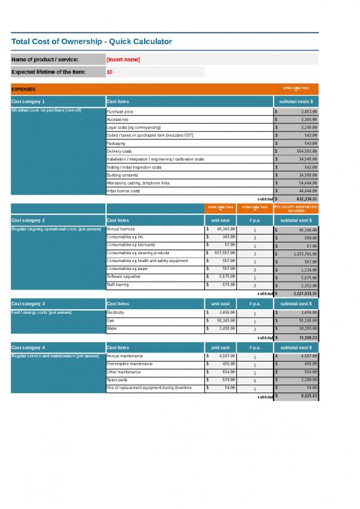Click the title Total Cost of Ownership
click(x=92, y=42)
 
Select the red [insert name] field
click(x=122, y=60)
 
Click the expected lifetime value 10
click(x=109, y=72)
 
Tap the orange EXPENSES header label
click(x=24, y=89)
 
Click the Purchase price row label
click(x=120, y=112)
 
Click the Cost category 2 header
click(x=29, y=220)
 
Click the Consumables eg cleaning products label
click(x=137, y=253)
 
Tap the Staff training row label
click(x=118, y=284)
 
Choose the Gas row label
click(x=111, y=320)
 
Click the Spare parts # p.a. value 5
click(x=255, y=380)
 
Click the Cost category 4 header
click(x=29, y=347)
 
